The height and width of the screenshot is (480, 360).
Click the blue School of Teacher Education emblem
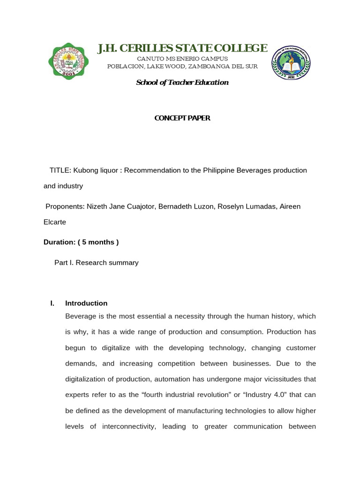(x=291, y=63)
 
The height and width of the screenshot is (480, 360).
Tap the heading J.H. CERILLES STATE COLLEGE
(x=182, y=48)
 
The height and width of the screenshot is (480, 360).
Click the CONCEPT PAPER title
(x=182, y=118)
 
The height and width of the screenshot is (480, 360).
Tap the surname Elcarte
(x=55, y=222)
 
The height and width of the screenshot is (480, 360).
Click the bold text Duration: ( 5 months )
(x=81, y=242)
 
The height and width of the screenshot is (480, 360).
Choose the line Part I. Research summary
(x=96, y=262)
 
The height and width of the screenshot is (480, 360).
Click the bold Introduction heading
(x=86, y=303)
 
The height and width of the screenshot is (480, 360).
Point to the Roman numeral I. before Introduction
(x=52, y=303)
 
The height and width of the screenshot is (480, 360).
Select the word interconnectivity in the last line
(x=146, y=427)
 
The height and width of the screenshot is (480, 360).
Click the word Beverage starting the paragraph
(x=81, y=316)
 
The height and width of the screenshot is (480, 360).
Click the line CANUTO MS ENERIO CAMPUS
(x=182, y=59)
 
